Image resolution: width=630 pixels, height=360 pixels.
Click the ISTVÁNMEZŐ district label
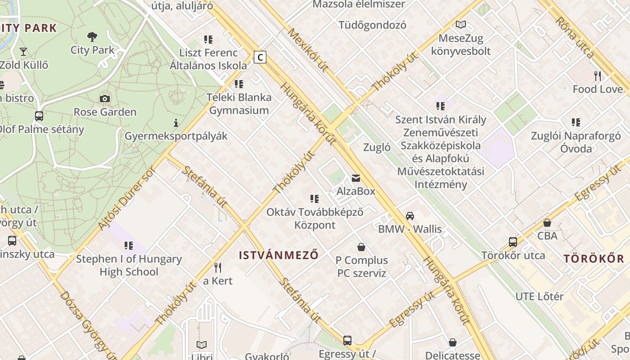click(279, 256)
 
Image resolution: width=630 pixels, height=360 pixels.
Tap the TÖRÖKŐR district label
click(594, 259)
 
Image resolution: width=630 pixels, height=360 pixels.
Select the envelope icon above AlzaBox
click(356, 179)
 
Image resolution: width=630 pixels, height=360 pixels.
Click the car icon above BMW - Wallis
click(409, 216)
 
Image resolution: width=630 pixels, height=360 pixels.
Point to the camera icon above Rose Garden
click(105, 99)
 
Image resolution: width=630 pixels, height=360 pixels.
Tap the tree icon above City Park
click(92, 36)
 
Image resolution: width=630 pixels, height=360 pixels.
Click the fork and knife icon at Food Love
click(598, 76)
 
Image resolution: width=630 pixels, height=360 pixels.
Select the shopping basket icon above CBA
click(547, 223)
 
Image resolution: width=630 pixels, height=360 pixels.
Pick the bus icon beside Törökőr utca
click(513, 242)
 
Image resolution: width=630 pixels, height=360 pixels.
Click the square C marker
click(260, 57)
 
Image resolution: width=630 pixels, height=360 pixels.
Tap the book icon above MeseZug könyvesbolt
click(460, 25)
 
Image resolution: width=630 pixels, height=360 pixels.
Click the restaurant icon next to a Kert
click(218, 268)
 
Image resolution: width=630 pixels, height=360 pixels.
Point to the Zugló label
click(377, 148)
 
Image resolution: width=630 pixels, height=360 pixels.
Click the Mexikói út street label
click(308, 50)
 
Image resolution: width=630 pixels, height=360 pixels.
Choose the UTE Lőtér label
click(539, 297)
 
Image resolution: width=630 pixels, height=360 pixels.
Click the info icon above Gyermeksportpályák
click(176, 122)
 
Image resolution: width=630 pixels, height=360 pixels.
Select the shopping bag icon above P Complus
click(361, 247)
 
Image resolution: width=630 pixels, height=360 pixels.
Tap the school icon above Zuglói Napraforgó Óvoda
click(576, 122)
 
